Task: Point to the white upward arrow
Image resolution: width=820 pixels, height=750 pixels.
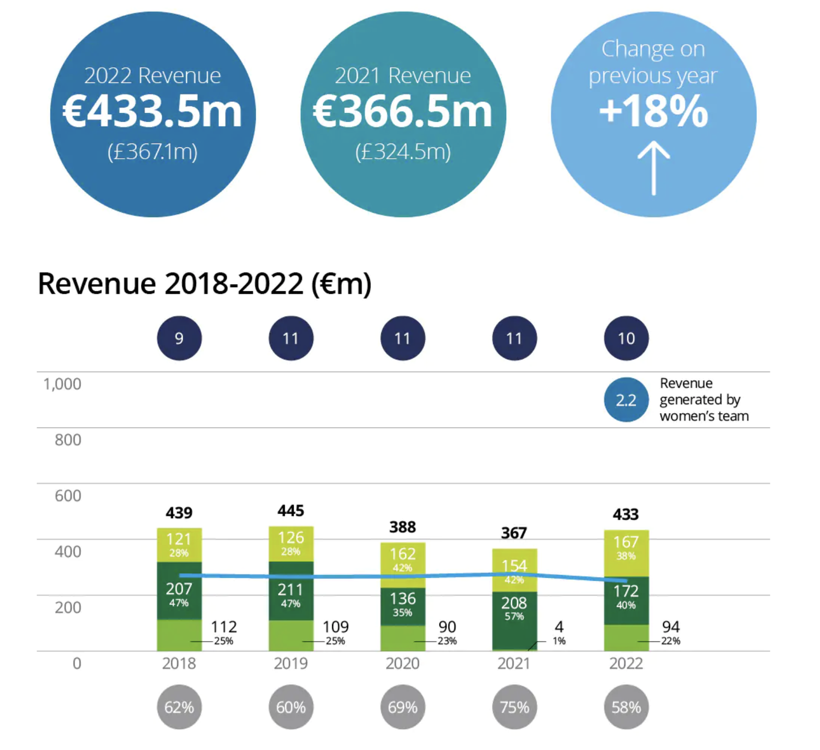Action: click(653, 169)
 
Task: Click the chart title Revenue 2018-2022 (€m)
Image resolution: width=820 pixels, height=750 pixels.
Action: click(205, 284)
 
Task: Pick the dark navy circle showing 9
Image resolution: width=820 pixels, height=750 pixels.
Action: click(179, 338)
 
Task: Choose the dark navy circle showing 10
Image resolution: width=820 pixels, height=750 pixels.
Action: click(626, 338)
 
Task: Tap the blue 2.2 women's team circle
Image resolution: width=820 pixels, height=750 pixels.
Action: click(626, 400)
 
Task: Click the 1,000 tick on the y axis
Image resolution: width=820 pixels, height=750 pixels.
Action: click(62, 384)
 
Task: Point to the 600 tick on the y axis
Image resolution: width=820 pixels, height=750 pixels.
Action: click(68, 496)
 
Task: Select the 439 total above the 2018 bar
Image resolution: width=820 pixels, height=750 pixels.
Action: click(179, 513)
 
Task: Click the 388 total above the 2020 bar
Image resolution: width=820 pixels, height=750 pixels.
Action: click(403, 527)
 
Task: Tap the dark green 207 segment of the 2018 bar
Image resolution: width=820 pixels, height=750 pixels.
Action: click(179, 591)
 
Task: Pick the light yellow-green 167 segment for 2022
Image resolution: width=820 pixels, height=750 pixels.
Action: click(626, 554)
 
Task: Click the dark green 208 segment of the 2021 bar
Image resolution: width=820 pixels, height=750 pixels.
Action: click(514, 620)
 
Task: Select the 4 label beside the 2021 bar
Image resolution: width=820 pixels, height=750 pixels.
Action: click(559, 627)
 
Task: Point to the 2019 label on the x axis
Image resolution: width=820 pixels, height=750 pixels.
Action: click(291, 663)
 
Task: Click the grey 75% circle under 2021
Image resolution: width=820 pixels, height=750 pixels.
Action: click(514, 707)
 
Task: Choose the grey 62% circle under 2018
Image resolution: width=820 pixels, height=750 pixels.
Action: click(179, 707)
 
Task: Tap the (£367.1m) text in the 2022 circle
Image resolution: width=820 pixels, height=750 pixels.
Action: click(153, 152)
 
